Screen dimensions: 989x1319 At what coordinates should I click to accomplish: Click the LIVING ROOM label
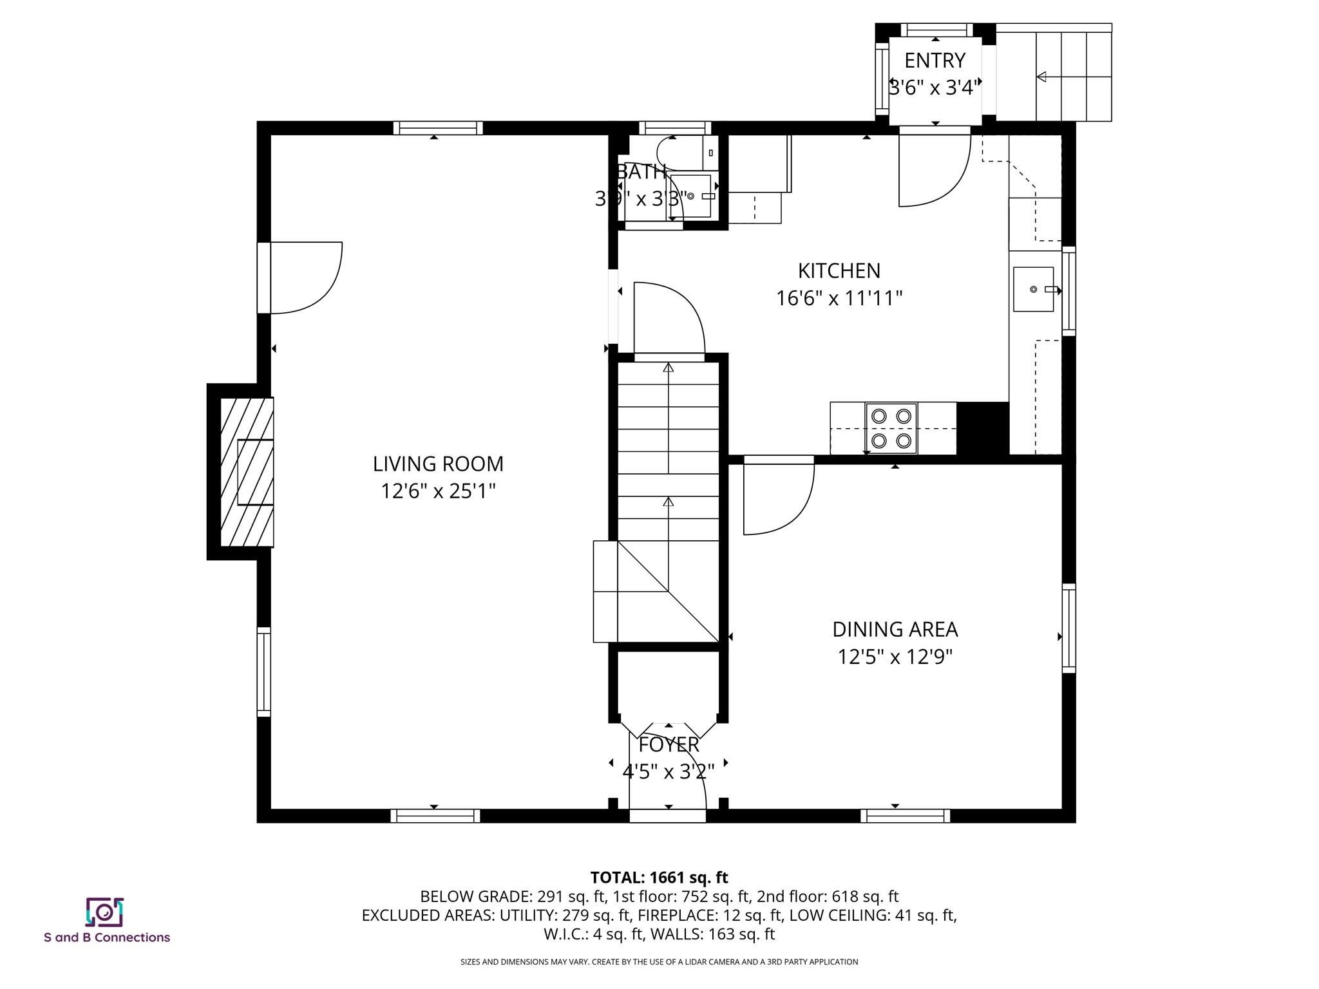tap(438, 464)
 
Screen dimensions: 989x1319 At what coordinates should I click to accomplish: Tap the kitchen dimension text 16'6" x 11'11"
tap(839, 299)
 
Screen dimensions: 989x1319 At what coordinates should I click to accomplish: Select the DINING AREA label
tap(895, 629)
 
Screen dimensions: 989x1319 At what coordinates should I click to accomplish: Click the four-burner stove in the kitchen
tap(891, 429)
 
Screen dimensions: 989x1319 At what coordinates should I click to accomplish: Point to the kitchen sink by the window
tap(1033, 290)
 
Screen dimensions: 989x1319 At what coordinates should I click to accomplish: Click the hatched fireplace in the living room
tap(247, 472)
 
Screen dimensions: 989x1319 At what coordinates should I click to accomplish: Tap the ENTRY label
tap(935, 61)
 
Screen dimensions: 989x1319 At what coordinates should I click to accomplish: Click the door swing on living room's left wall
tap(306, 278)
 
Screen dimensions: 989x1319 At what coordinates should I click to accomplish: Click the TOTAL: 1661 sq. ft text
tap(659, 878)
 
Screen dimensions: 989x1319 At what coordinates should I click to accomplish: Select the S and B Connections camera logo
tap(104, 912)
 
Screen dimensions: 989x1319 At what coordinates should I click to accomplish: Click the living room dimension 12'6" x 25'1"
tap(438, 492)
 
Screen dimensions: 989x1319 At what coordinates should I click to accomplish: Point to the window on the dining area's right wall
tap(1068, 628)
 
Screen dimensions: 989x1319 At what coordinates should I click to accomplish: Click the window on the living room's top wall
tap(438, 127)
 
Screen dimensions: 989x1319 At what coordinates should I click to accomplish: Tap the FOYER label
tap(669, 745)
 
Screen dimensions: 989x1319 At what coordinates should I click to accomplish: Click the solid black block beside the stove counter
tap(983, 429)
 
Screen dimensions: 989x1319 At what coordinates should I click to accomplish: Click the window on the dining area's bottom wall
tap(905, 816)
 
